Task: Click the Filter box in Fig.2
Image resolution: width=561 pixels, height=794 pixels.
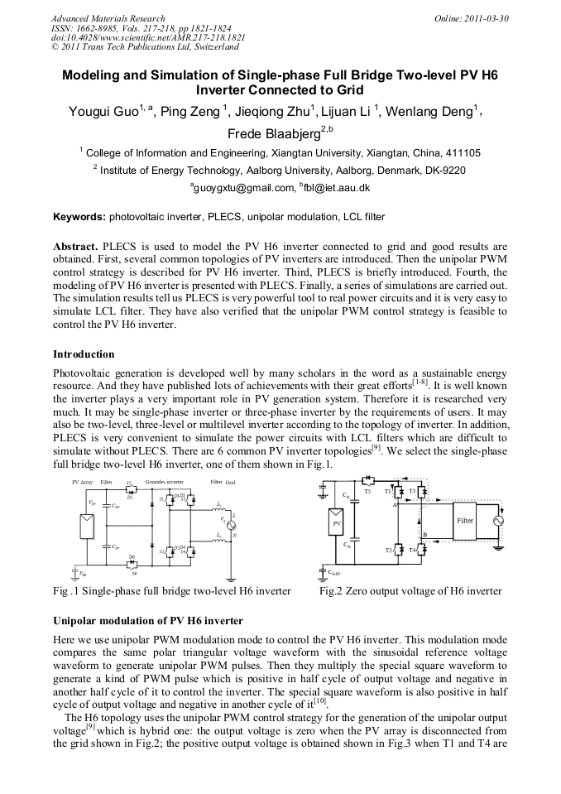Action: coord(464,521)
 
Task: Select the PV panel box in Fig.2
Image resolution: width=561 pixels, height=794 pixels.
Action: coord(337,523)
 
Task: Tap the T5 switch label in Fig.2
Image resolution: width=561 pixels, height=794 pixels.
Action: coord(367,491)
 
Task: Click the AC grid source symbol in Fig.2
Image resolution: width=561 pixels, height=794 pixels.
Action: coord(498,521)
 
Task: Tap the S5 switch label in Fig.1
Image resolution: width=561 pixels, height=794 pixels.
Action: coord(128,483)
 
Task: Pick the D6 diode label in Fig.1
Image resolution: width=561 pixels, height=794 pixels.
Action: coord(132,556)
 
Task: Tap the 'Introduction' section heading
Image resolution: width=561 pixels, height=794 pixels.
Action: coord(84,354)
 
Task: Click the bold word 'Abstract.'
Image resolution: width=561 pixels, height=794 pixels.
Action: coord(76,247)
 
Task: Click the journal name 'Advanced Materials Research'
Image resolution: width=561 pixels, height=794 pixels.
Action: coord(108,18)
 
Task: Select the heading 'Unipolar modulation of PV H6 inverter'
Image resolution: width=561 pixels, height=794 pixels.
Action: coord(148,620)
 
